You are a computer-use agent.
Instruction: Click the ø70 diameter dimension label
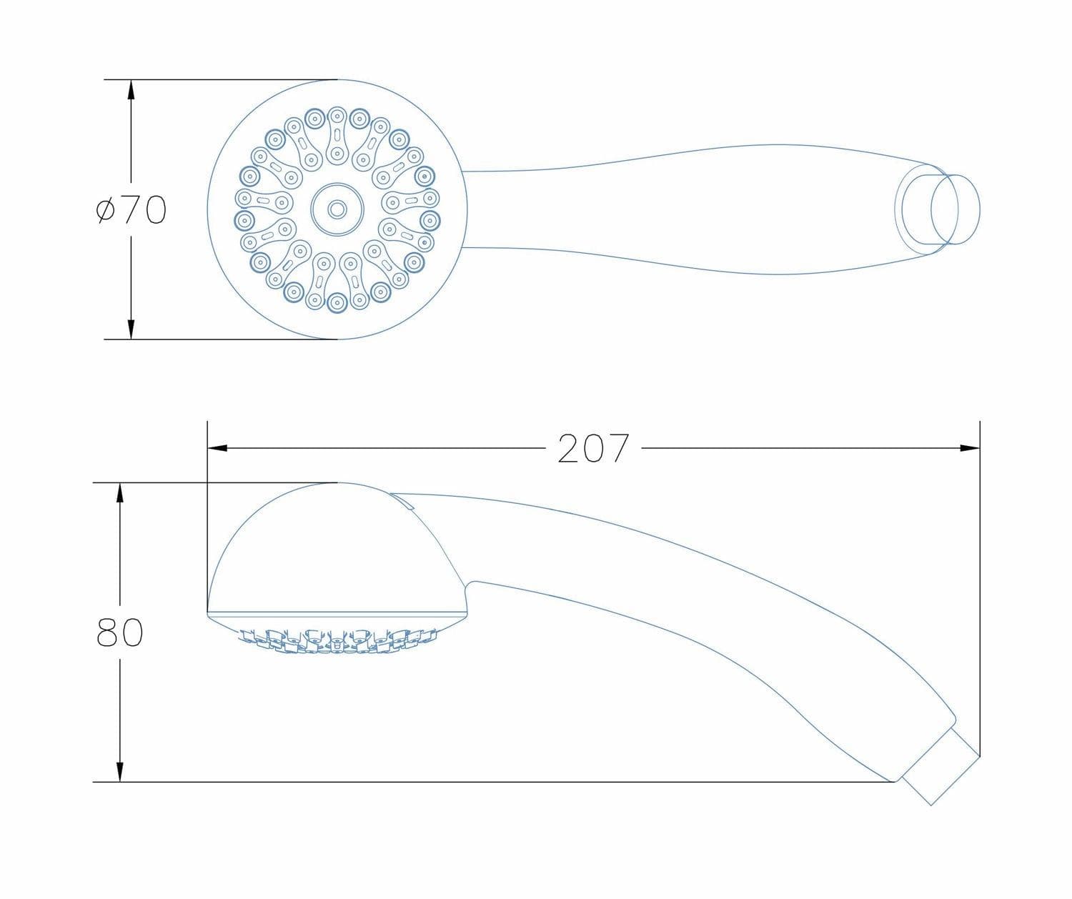coord(131,209)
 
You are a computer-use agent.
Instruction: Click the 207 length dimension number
coord(593,448)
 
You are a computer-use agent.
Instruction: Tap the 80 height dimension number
coord(119,632)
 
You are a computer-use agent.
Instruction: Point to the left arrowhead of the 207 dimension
coord(217,448)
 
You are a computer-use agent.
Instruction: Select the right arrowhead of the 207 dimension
coord(970,448)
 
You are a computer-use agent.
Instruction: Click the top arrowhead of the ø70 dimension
coord(131,90)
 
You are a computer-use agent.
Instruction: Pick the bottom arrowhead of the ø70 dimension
coord(131,329)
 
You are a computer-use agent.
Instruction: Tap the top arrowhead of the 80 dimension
coord(119,493)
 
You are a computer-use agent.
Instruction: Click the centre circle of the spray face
coord(337,209)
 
